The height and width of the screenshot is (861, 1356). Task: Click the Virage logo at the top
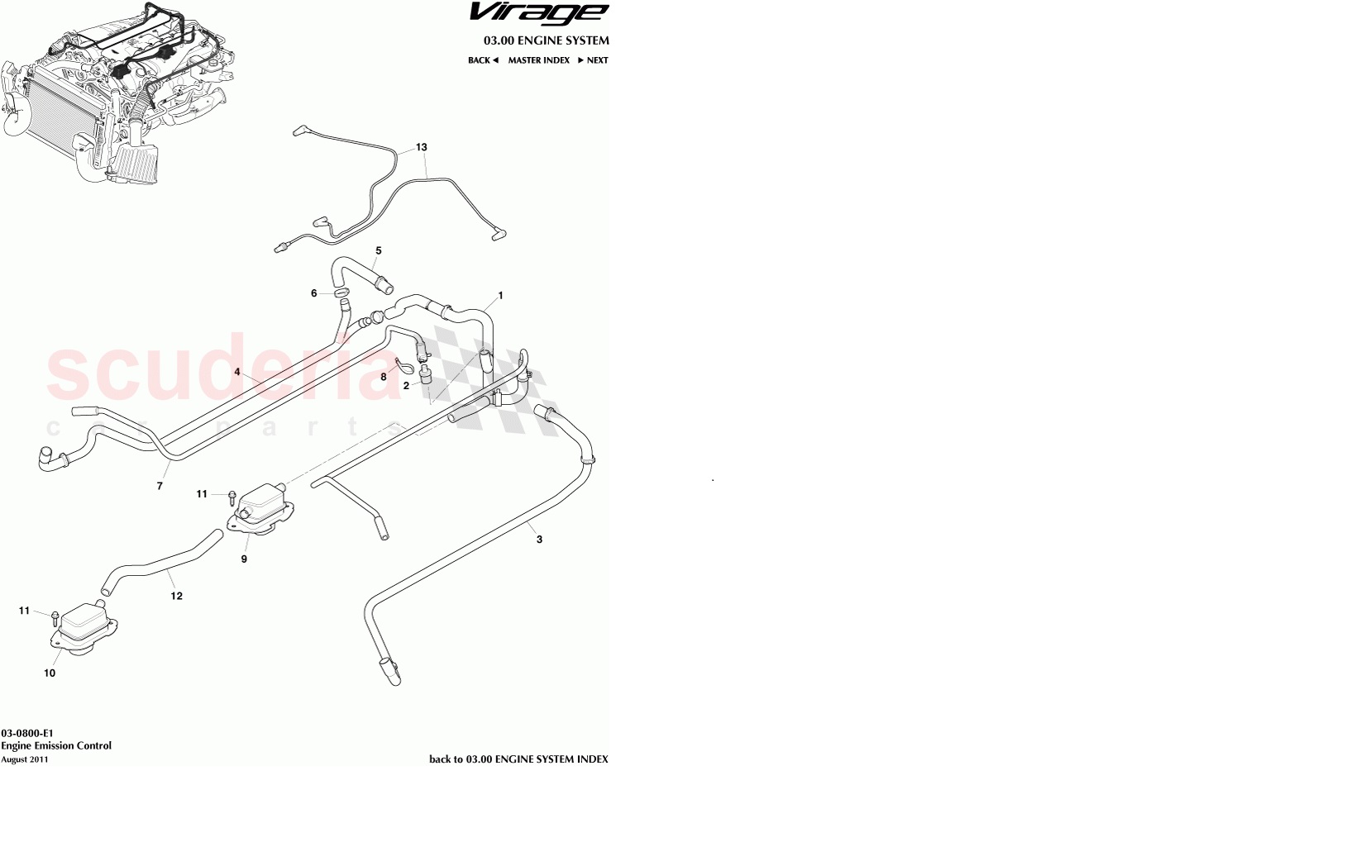538,13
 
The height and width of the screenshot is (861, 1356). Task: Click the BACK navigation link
483,60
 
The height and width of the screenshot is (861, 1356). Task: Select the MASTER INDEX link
538,60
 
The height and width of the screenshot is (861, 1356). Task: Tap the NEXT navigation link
594,60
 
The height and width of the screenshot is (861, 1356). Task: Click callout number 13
422,148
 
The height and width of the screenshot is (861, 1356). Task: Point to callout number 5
379,250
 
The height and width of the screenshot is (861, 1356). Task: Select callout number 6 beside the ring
314,293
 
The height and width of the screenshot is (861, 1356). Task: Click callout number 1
500,296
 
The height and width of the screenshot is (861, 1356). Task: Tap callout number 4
237,372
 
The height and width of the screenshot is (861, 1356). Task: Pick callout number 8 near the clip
384,377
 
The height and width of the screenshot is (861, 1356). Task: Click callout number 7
160,487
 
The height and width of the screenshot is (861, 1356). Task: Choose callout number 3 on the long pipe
540,540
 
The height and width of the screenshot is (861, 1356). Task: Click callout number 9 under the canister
244,559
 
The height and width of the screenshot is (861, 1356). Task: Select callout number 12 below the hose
176,596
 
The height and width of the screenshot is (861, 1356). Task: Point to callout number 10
50,673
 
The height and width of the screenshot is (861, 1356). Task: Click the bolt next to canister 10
54,616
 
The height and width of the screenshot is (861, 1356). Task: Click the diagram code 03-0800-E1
27,733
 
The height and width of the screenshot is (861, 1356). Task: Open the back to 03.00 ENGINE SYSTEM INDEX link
518,759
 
